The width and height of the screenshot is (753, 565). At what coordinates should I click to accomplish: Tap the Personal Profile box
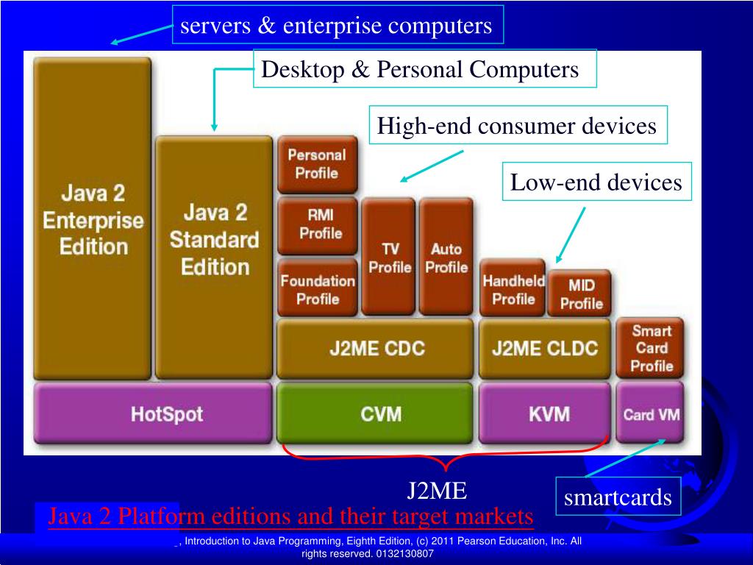coord(317,165)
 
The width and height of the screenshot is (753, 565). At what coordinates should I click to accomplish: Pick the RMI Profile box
coord(317,225)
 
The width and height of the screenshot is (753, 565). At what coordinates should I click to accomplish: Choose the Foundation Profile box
coord(317,288)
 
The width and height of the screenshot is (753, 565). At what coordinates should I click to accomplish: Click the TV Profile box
coord(389,257)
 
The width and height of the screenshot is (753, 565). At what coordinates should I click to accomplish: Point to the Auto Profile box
coord(446,257)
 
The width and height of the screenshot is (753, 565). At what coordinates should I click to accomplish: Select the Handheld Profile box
coord(513,288)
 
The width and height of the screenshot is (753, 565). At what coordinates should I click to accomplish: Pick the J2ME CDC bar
coord(375,348)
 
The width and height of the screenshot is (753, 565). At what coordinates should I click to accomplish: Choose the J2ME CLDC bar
coord(545,348)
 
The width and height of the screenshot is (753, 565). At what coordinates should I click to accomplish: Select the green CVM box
coord(375,413)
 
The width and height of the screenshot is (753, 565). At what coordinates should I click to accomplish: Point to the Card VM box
coord(651,413)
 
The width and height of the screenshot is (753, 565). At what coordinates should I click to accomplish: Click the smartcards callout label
coord(618,498)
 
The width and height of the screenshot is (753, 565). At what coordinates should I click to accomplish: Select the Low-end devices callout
coord(596,182)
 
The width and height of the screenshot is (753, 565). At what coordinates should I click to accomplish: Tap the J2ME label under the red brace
coord(438,490)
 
